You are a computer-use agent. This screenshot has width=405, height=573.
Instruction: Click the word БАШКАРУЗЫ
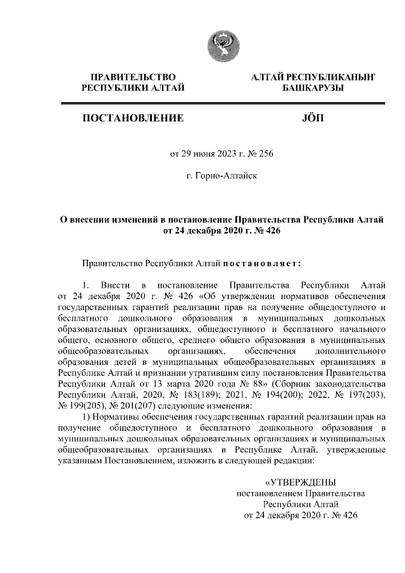[x=313, y=89]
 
